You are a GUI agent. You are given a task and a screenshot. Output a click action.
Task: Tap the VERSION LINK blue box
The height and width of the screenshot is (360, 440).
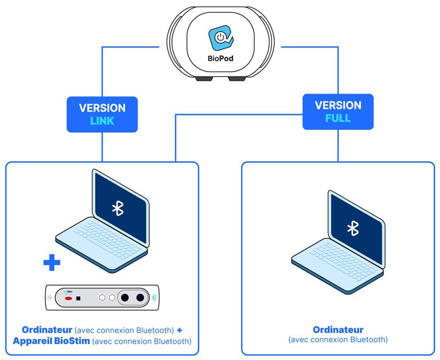[102, 114]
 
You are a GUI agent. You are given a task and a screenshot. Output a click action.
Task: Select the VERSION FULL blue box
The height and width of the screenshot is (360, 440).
[338, 112]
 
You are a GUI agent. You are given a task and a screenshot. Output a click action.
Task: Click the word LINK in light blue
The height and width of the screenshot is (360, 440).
[102, 121]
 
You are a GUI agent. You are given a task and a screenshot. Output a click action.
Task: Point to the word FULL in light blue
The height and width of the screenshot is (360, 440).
[338, 118]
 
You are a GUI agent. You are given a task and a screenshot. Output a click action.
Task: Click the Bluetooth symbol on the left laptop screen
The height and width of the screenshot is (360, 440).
[117, 208]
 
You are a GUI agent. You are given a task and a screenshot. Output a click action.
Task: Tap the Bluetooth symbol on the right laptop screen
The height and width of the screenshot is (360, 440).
[353, 228]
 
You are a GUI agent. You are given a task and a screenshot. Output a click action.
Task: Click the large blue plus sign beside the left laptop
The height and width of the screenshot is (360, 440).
[52, 263]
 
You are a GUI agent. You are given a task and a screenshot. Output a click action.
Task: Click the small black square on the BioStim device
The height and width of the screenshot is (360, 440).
[79, 298]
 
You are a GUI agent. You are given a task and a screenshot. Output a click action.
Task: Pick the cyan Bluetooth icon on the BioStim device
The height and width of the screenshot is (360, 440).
[155, 297]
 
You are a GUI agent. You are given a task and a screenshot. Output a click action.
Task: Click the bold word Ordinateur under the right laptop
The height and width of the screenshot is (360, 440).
[338, 330]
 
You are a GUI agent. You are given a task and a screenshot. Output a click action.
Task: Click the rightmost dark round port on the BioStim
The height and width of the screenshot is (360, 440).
[140, 297]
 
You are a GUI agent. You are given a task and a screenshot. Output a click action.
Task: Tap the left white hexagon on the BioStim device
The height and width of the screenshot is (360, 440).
[102, 297]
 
